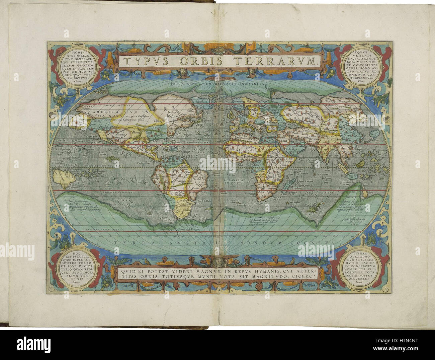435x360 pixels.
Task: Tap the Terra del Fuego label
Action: point(190,229)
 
